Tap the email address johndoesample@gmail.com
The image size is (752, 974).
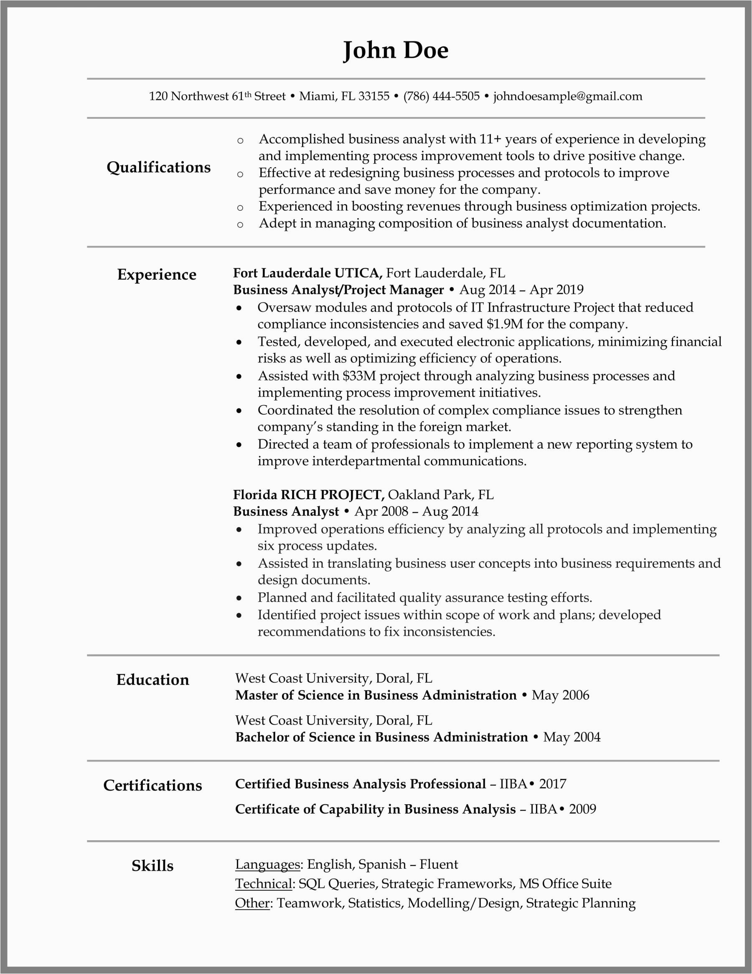[x=567, y=96]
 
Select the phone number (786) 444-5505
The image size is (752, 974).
[x=441, y=96]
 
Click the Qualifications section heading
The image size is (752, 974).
[x=158, y=167]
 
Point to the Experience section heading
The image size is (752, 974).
[x=157, y=275]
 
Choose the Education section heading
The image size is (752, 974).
[x=152, y=680]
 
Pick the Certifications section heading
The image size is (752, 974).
[x=152, y=785]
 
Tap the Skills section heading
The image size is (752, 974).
[x=152, y=866]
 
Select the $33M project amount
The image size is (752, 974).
[x=359, y=376]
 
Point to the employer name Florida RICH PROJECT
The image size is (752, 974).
[x=308, y=495]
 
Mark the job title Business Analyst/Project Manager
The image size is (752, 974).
[x=338, y=290]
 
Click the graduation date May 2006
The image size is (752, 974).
[x=560, y=695]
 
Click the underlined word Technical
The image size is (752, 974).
[x=264, y=883]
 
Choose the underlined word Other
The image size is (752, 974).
[x=252, y=903]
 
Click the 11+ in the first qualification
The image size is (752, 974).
[x=490, y=139]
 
